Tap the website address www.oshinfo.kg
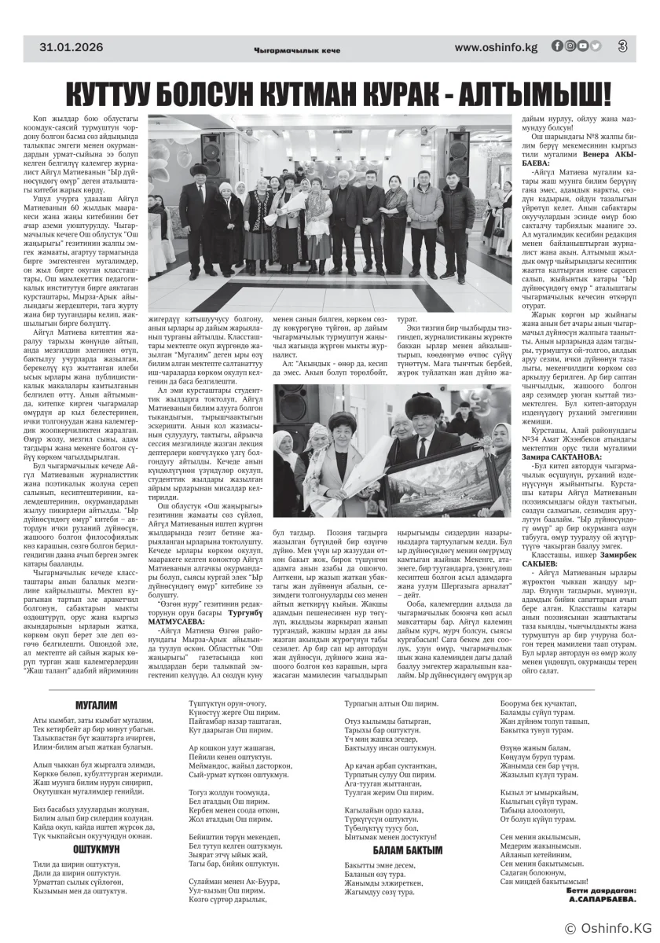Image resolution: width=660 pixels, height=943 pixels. pyautogui.click(x=496, y=47)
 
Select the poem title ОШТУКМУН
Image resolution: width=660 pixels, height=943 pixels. pyautogui.click(x=96, y=849)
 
